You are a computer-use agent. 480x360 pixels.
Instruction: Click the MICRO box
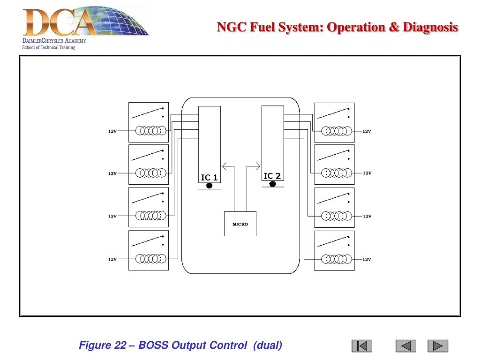pyautogui.click(x=240, y=224)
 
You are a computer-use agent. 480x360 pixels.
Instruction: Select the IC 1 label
pyautogui.click(x=209, y=177)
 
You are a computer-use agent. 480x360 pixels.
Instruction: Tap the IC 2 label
pyautogui.click(x=272, y=176)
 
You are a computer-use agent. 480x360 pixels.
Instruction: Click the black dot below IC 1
pyautogui.click(x=209, y=186)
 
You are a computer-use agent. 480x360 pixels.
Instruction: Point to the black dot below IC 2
pyautogui.click(x=272, y=184)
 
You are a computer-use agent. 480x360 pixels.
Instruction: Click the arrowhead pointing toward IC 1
pyautogui.click(x=224, y=165)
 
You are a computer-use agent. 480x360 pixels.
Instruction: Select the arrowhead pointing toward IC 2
pyautogui.click(x=257, y=165)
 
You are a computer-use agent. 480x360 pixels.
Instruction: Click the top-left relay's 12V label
pyautogui.click(x=112, y=131)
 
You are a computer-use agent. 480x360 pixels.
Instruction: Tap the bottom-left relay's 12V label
pyautogui.click(x=112, y=259)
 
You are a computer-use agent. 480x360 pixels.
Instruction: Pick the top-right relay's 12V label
pyautogui.click(x=367, y=131)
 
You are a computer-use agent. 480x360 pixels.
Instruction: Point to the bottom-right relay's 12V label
pyautogui.click(x=367, y=259)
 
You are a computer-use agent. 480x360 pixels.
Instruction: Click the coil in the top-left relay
pyautogui.click(x=150, y=131)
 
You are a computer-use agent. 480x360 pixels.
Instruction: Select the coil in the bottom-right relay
pyautogui.click(x=336, y=259)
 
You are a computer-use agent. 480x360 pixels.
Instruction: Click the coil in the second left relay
pyautogui.click(x=150, y=173)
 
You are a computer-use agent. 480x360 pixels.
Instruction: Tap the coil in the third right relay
pyautogui.click(x=336, y=216)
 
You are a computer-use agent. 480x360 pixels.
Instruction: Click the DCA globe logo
pyautogui.click(x=84, y=22)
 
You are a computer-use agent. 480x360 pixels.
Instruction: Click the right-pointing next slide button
pyautogui.click(x=438, y=346)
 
